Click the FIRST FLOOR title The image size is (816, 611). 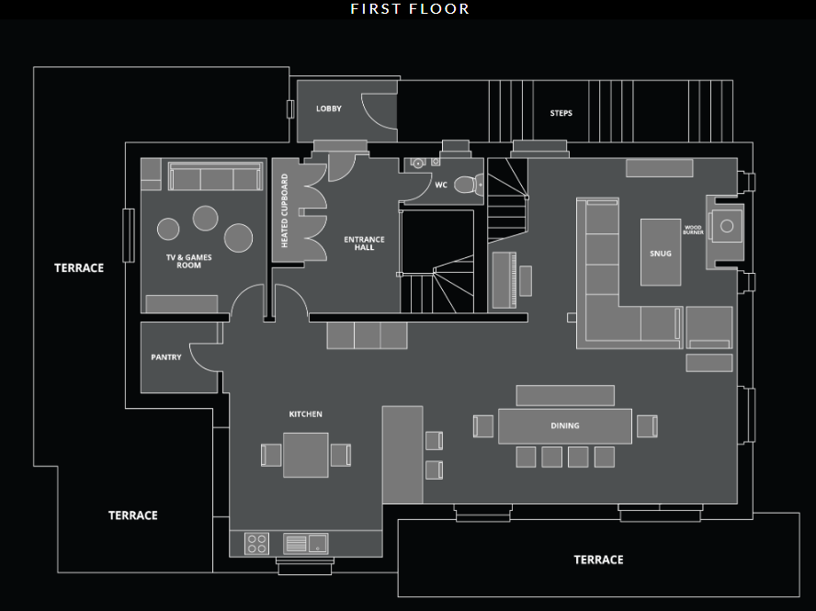[410, 9]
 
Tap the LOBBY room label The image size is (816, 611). [328, 108]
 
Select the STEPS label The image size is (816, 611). [561, 113]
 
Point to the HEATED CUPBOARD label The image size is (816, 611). [285, 210]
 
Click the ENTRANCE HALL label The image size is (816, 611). [364, 243]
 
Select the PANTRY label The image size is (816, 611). [166, 357]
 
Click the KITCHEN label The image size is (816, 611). [305, 414]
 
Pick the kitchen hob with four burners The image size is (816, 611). [256, 543]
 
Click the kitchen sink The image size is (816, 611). [305, 543]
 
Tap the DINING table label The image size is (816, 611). [565, 425]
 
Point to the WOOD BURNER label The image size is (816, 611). [693, 229]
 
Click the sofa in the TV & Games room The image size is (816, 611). [214, 178]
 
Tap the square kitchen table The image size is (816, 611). [305, 454]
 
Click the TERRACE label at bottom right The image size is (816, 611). [598, 560]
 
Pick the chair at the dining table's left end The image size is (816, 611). [483, 425]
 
